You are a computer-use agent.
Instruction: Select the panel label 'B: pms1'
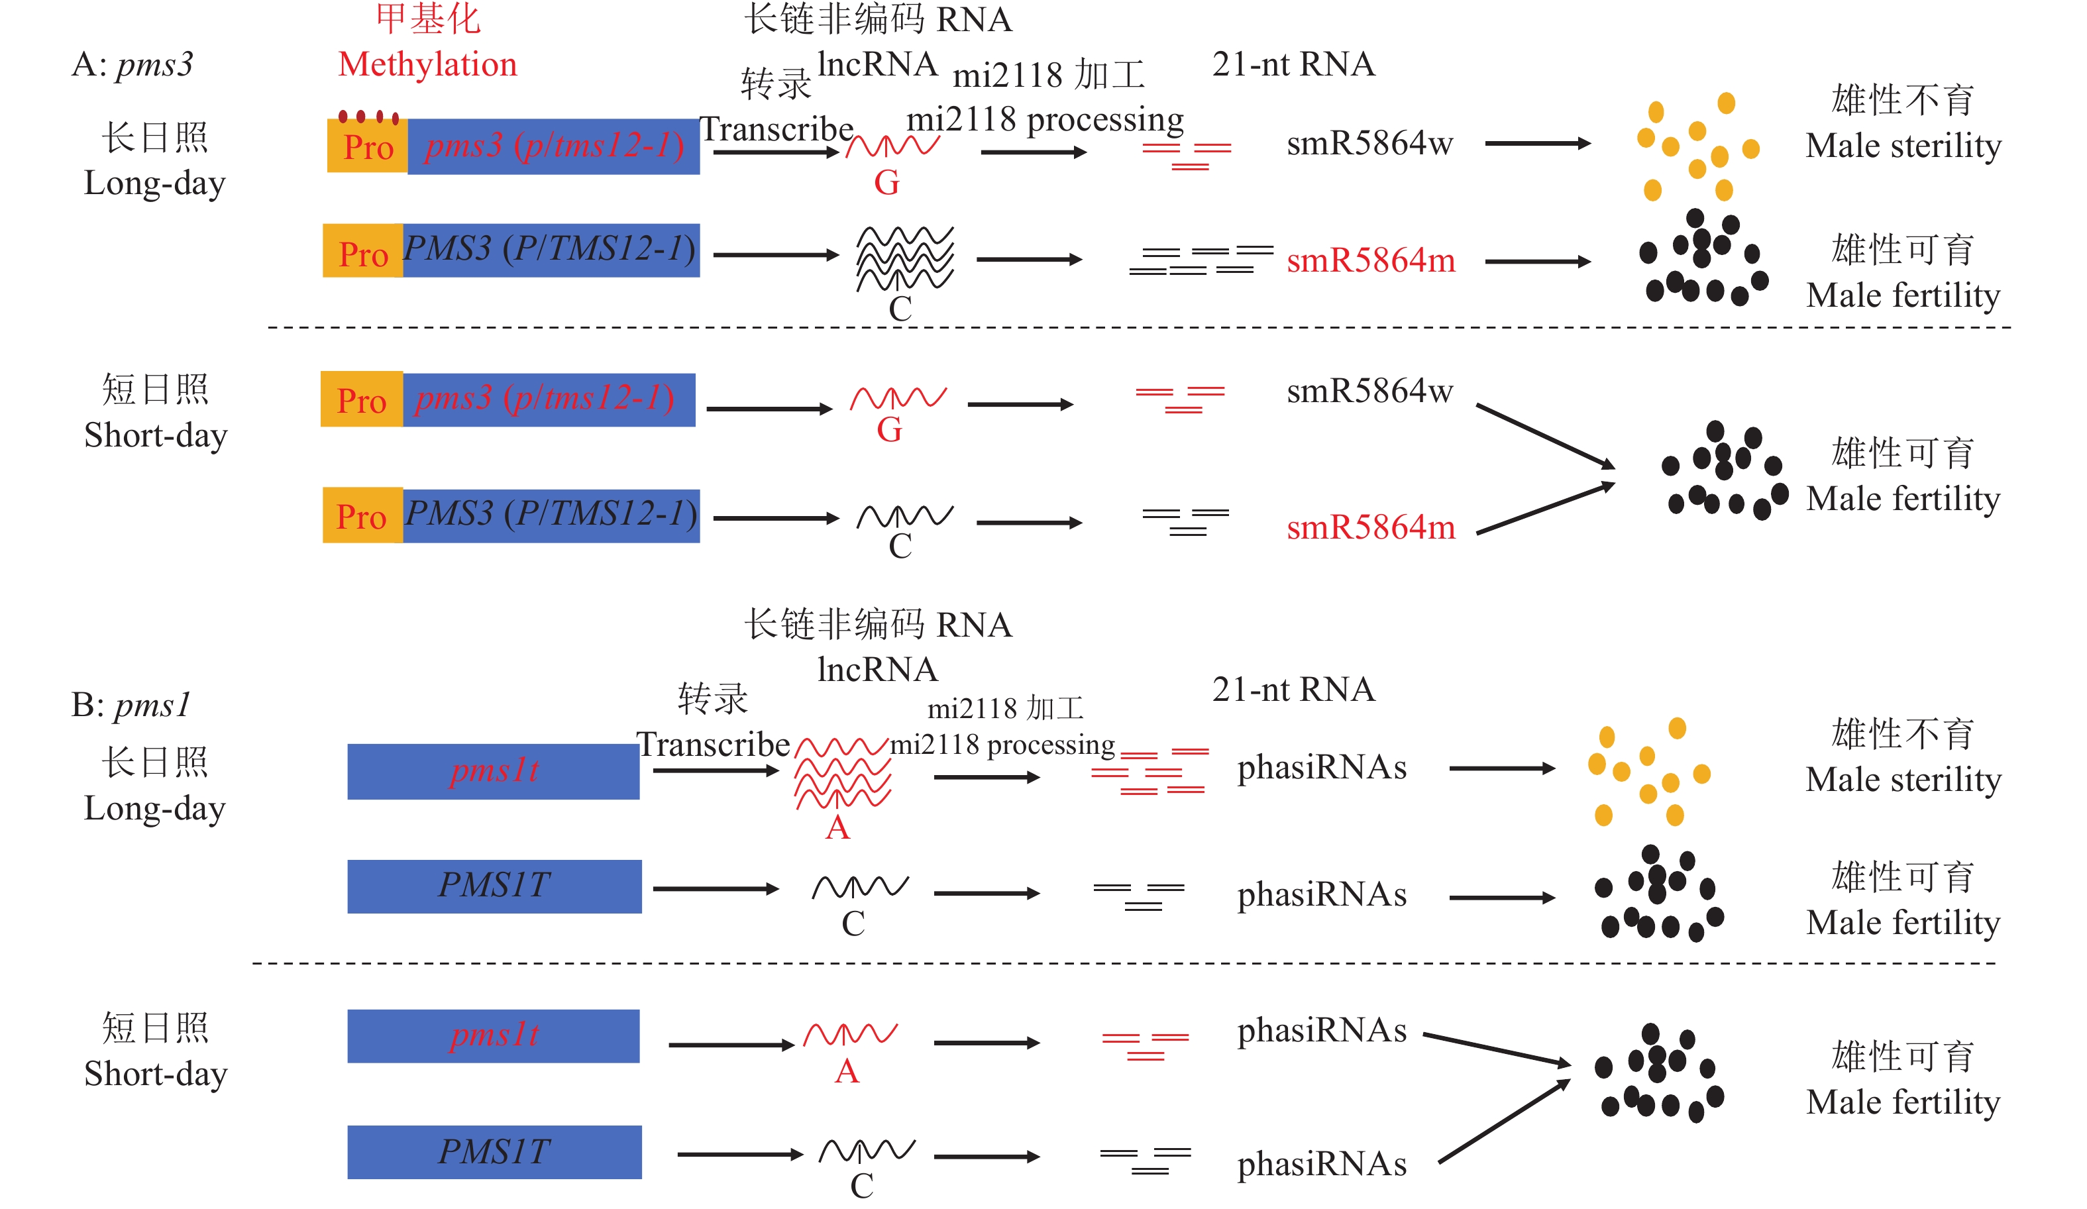[x=131, y=705]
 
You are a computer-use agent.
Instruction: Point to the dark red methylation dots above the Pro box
[x=368, y=116]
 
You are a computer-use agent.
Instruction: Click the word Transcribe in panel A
[x=776, y=129]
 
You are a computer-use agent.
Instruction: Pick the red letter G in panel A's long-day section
[x=886, y=182]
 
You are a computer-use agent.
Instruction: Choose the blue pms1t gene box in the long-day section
[x=494, y=771]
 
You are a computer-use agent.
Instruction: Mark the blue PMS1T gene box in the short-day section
[x=494, y=1152]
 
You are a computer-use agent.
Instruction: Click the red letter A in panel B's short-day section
[x=847, y=1072]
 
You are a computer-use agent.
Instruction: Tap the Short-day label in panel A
[x=155, y=436]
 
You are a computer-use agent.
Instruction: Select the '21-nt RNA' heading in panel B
[x=1293, y=690]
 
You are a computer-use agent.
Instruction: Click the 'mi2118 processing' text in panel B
[x=1002, y=745]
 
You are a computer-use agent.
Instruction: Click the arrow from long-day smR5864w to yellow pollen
[x=1537, y=143]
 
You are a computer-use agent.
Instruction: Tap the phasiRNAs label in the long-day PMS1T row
[x=1322, y=895]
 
